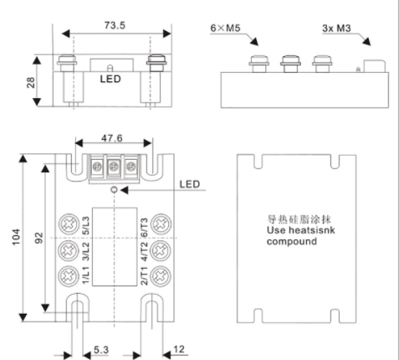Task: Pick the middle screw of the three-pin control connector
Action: (112, 167)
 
